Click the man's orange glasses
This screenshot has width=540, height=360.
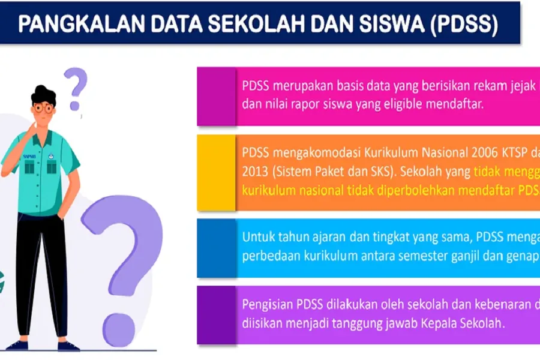(43, 109)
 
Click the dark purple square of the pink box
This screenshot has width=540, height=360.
(216, 96)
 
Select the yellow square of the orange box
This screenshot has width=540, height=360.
(216, 172)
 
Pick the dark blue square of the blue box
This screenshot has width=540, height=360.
(216, 248)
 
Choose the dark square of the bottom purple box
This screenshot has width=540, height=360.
(216, 315)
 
